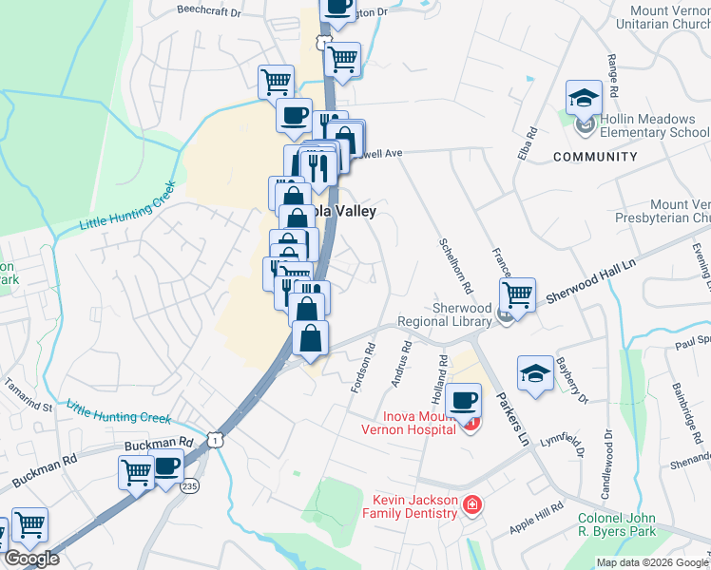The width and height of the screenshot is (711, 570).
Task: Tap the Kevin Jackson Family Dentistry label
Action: pyautogui.click(x=402, y=506)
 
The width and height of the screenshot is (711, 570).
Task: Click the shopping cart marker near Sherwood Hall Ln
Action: pyautogui.click(x=517, y=294)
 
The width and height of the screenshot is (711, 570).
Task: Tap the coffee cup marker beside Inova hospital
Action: pyautogui.click(x=464, y=401)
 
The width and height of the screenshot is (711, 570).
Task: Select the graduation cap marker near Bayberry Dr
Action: pyautogui.click(x=535, y=373)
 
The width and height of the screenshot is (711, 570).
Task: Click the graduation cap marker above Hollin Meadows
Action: pyautogui.click(x=584, y=98)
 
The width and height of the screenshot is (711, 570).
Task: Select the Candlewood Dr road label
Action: pyautogui.click(x=605, y=465)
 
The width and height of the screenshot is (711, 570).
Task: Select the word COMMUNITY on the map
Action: pyautogui.click(x=595, y=157)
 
